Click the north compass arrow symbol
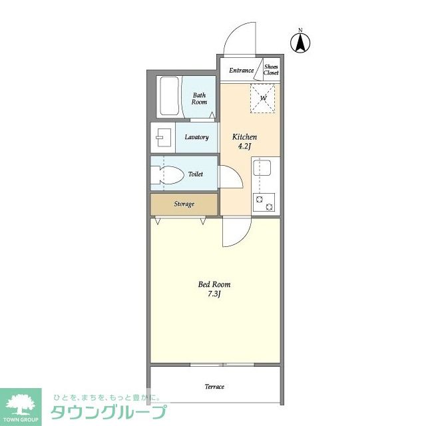tap(300, 43)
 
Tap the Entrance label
tap(241, 71)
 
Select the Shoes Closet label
tap(271, 69)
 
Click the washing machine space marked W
tap(263, 98)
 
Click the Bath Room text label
tap(199, 99)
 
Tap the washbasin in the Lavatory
tap(163, 138)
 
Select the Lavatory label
tap(196, 137)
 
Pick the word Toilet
tap(196, 174)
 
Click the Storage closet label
tap(184, 204)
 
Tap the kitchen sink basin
tap(262, 168)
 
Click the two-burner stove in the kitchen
tap(264, 202)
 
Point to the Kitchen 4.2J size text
tap(244, 141)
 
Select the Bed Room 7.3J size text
tap(214, 289)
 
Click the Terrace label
tap(214, 386)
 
